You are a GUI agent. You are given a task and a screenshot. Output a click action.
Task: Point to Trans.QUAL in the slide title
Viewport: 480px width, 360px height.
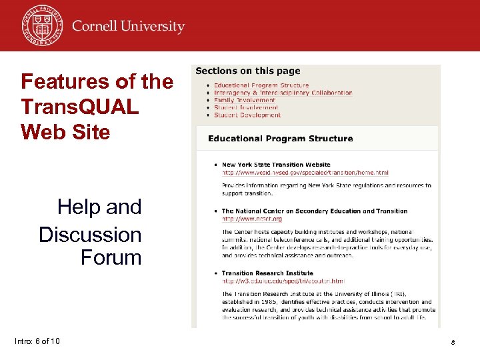coord(80,107)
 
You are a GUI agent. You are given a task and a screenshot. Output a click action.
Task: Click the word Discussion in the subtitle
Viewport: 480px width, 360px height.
coord(90,235)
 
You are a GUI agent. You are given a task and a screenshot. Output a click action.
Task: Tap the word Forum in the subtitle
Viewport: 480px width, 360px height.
coord(111,257)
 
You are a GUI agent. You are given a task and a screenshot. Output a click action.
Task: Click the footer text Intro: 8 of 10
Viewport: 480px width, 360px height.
coord(37,341)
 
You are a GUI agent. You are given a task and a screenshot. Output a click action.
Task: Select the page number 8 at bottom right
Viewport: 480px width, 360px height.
coord(453,342)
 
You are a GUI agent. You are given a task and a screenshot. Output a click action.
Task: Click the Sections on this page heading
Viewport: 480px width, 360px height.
coord(248,71)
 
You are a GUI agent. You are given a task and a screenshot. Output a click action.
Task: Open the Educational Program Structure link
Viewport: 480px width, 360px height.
coord(261,85)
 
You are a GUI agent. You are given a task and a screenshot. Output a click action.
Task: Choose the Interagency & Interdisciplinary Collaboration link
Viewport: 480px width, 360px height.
coord(283,93)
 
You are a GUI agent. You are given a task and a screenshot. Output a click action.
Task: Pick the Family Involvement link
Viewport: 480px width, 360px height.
coord(244,100)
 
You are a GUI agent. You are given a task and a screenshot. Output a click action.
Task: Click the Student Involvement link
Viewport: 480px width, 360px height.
coord(246,107)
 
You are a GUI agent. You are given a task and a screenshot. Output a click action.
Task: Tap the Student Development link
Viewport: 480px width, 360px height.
coord(247,115)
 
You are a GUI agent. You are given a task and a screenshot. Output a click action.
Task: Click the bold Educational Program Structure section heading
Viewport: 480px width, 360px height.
coord(280,139)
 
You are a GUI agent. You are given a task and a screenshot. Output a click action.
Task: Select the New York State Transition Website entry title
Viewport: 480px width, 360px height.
coord(276,165)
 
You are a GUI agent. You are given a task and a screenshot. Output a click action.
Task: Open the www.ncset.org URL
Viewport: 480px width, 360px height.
coord(252,219)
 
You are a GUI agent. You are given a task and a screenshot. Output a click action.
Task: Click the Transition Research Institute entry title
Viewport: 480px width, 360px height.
coord(267,273)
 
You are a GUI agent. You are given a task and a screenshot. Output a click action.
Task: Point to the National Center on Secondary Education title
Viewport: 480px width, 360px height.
coord(315,211)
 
